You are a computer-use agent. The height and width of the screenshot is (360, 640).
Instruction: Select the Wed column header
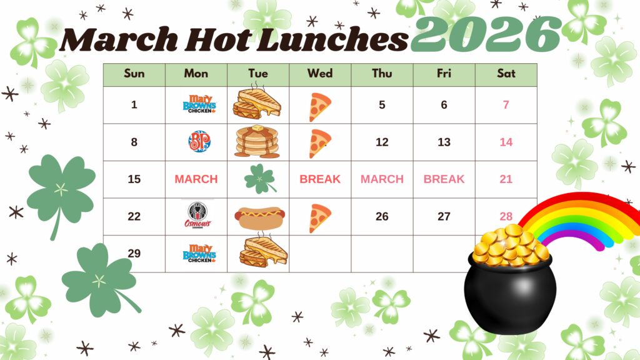click(x=319, y=74)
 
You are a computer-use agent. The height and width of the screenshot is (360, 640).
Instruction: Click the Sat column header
click(x=506, y=74)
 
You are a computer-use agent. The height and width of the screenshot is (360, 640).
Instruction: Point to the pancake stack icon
click(x=257, y=142)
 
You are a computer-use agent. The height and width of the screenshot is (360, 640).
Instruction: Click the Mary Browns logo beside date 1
click(x=199, y=104)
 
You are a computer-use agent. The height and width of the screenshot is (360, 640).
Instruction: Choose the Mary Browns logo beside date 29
click(x=199, y=253)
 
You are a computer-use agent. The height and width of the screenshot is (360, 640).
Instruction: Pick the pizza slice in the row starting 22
click(x=319, y=218)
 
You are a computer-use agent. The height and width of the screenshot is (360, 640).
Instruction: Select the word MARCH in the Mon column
click(x=196, y=179)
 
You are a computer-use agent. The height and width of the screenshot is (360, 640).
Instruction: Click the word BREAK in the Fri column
click(x=444, y=179)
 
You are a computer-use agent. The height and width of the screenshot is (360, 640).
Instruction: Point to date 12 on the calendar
click(x=382, y=142)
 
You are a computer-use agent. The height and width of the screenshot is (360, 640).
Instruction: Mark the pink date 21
click(x=506, y=179)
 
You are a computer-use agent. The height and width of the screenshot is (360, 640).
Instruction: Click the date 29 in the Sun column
click(x=134, y=253)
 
